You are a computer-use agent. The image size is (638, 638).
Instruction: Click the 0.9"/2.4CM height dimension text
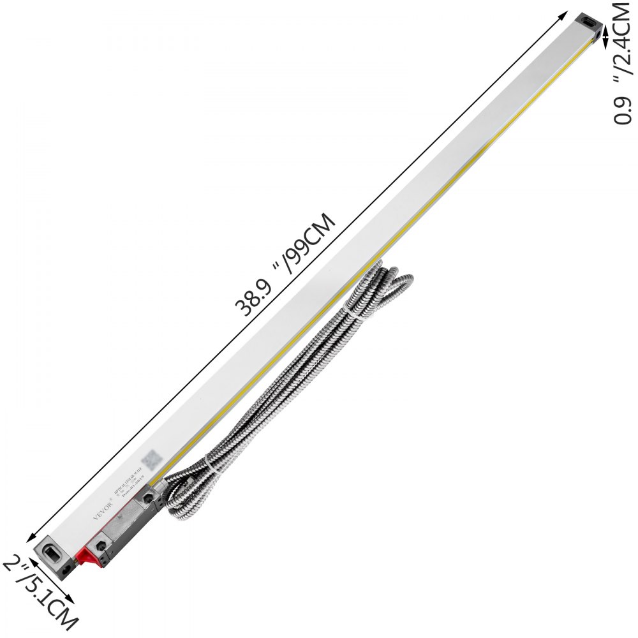[x=622, y=64]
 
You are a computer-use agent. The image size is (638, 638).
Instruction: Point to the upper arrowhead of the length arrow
[x=565, y=14]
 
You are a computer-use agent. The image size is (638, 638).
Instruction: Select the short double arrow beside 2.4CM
[x=606, y=38]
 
